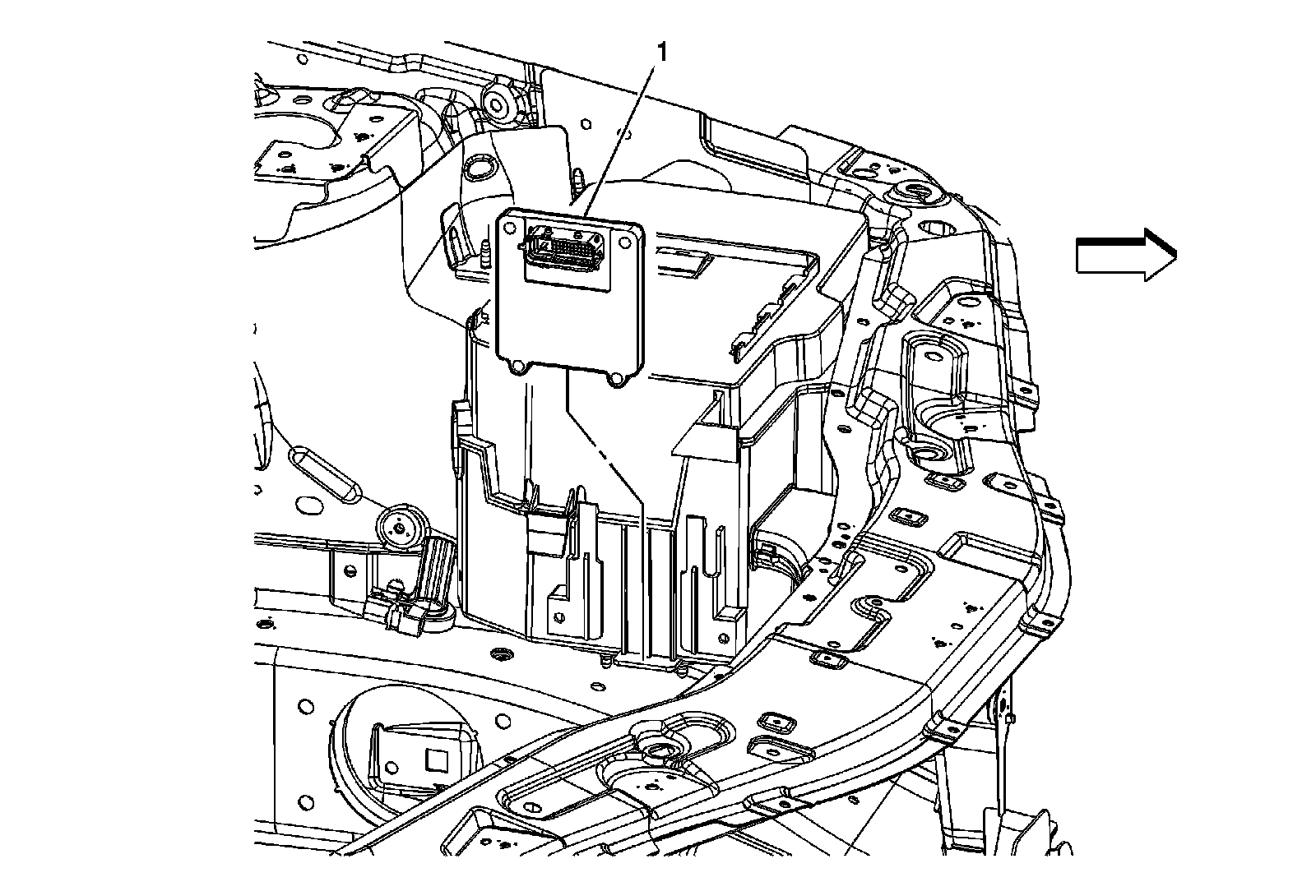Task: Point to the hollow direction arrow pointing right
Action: [x=1125, y=255]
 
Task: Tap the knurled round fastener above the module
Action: [x=497, y=104]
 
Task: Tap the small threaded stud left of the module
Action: [x=485, y=253]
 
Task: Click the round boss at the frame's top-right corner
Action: [x=915, y=196]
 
